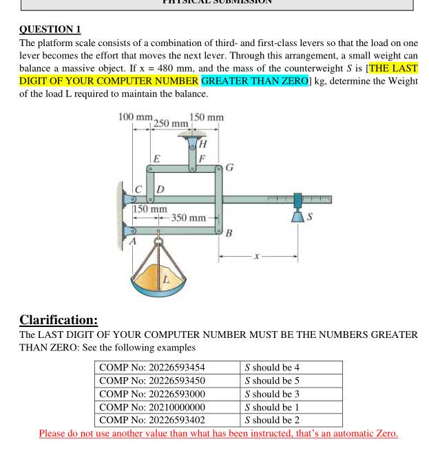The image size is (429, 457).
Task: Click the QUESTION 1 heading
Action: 50,29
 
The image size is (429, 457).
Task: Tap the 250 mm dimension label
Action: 169,123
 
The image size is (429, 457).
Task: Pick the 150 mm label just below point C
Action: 149,208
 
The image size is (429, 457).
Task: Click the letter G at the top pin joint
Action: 229,167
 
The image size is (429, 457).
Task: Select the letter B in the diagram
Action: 229,233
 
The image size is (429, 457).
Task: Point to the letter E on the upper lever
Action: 157,158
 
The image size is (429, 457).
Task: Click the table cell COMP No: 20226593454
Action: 152,368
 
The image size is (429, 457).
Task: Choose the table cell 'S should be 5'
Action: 273,381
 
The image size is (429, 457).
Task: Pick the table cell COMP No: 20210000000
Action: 152,407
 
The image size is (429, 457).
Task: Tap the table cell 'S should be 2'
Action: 273,420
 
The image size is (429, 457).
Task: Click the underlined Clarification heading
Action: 59,320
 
